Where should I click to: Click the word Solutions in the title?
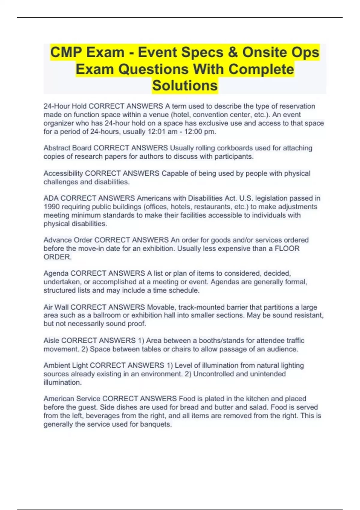pos(185,85)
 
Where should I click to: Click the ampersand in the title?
pos(232,52)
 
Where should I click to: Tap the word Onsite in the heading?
pos(270,52)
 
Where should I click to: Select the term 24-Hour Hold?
pos(65,106)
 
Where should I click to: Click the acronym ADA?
pos(51,198)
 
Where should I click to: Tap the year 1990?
pos(52,207)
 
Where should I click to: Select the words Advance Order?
pos(68,240)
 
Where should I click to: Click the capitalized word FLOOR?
pos(287,248)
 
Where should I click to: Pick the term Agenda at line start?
pos(56,273)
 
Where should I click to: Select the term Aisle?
pos(51,340)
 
